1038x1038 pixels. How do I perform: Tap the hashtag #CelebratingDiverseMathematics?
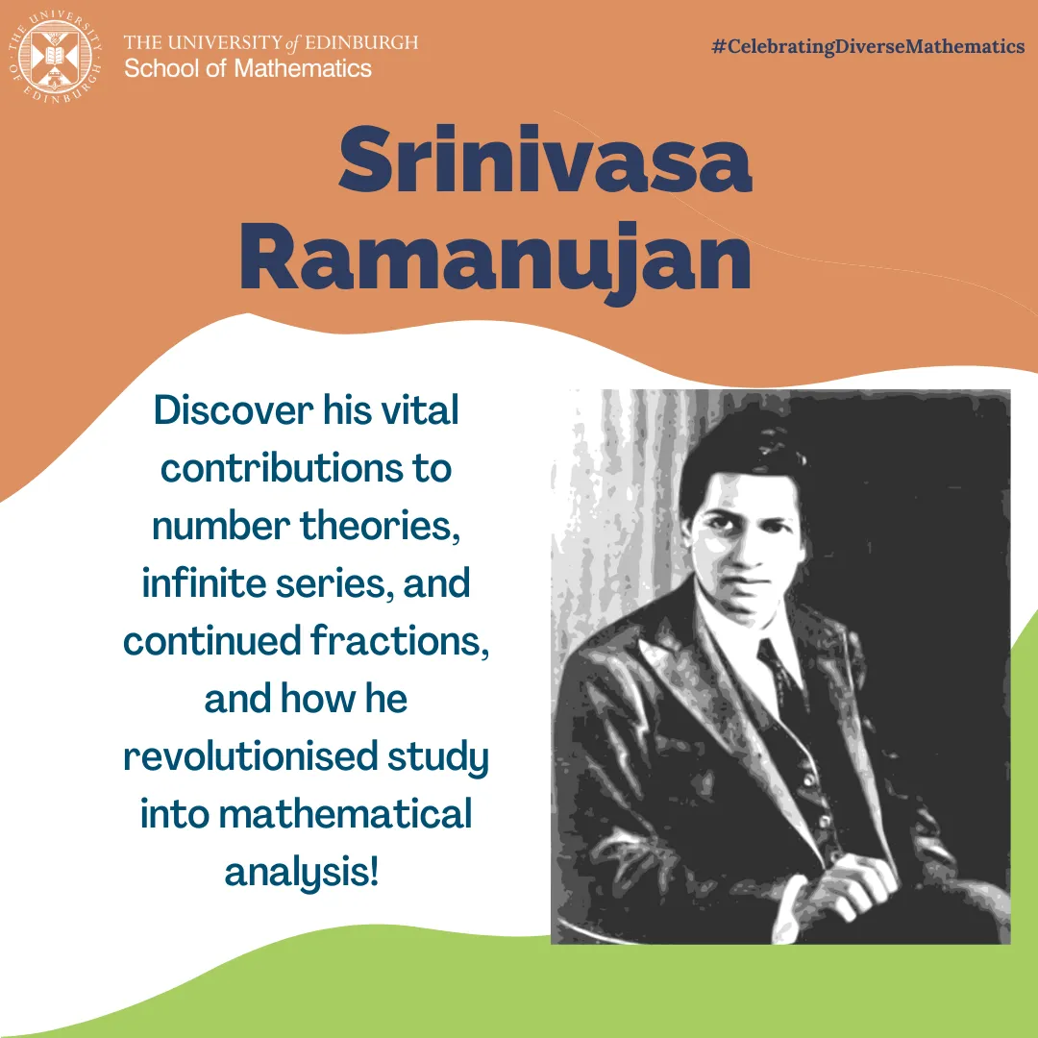click(868, 46)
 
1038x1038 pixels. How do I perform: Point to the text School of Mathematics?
click(248, 68)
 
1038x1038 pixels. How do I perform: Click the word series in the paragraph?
click(338, 583)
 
